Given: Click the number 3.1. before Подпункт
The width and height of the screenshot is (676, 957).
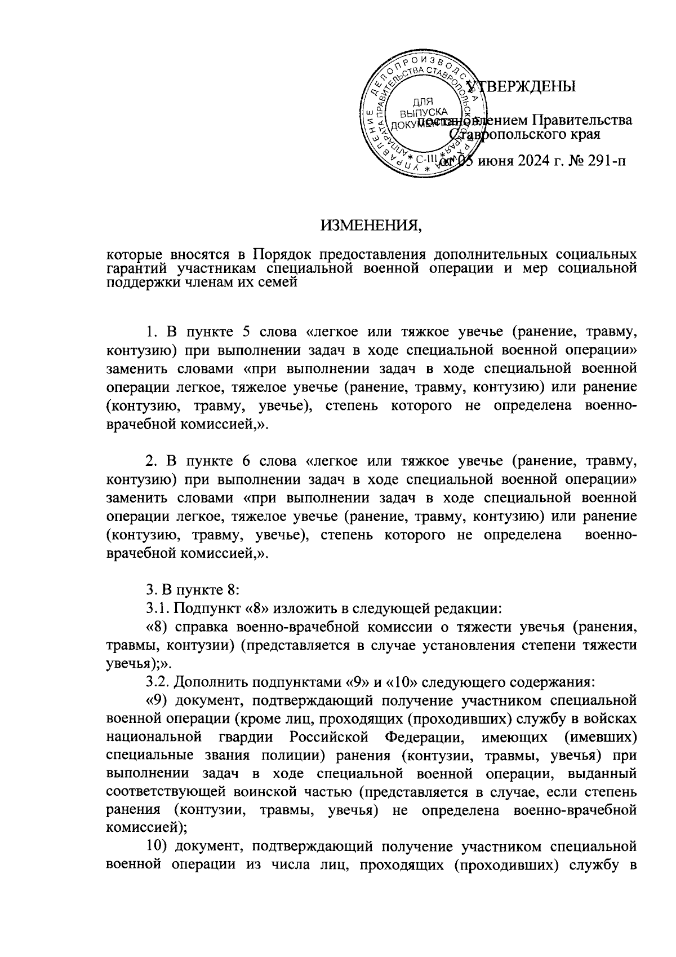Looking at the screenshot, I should click(x=158, y=608).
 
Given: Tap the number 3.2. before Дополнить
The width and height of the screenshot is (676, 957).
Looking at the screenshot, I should click(x=158, y=681).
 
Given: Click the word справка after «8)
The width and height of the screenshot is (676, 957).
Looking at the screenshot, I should click(x=199, y=627).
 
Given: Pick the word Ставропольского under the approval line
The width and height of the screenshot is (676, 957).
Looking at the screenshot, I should click(x=524, y=135).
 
